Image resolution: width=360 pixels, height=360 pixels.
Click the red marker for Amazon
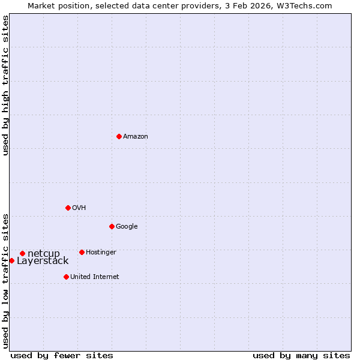pos(119,136)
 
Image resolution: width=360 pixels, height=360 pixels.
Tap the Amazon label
pos(136,137)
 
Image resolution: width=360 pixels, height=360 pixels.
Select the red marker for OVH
pos(68,208)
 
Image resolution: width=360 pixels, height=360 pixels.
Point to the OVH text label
pos(79,208)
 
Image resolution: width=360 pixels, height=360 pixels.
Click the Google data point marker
pos(112,226)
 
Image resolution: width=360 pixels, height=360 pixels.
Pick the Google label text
pos(127,227)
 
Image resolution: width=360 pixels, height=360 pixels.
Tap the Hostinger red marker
pos(82,252)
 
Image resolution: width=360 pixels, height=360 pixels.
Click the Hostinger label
pos(101,253)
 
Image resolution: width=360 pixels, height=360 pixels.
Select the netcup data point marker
pos(22,253)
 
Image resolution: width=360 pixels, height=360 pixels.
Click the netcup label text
pos(44,254)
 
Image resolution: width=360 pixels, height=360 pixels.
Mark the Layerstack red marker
pos(11,260)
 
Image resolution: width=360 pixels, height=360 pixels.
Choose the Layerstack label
pos(43,261)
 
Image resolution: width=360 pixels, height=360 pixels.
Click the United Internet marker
pos(66,277)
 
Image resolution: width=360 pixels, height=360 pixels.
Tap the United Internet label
pos(95,277)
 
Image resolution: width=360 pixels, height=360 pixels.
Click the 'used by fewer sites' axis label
pos(62,355)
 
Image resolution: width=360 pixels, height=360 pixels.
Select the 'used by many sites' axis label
pos(301,355)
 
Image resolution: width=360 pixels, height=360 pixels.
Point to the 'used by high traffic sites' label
pos(5,85)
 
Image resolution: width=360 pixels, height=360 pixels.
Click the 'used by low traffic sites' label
pos(5,281)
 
